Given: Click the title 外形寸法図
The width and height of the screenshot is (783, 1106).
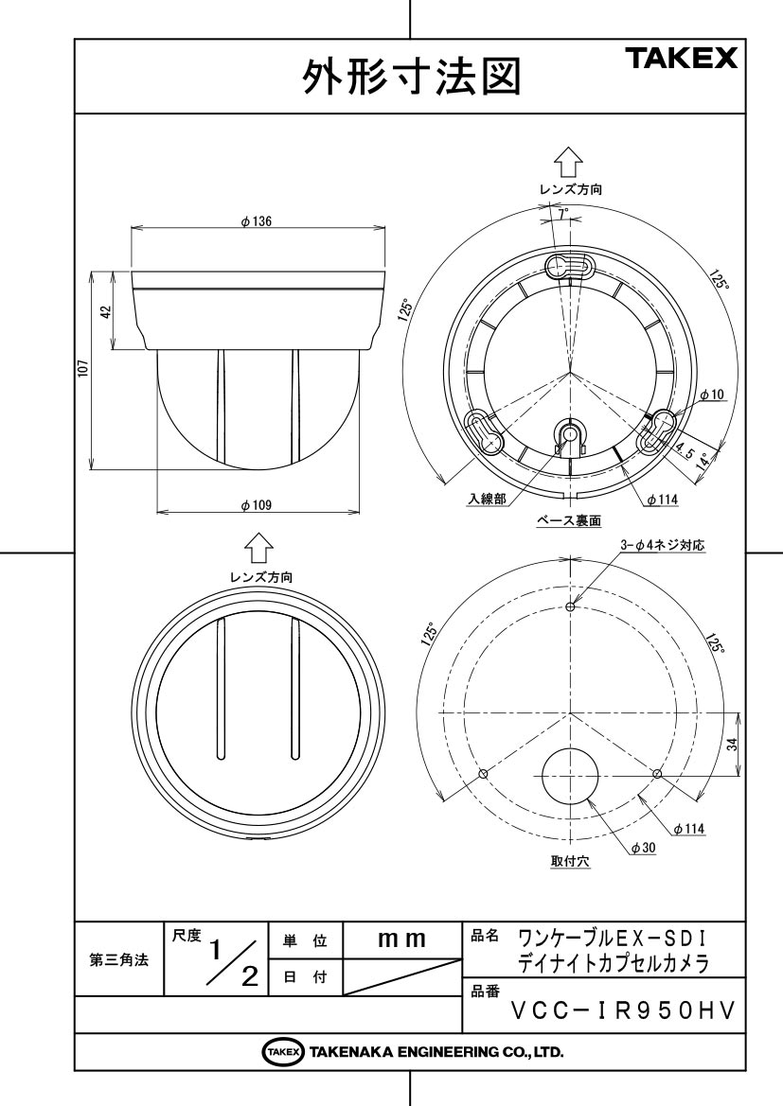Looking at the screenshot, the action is tap(412, 77).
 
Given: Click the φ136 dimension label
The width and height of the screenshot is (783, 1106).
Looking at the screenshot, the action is tap(257, 221).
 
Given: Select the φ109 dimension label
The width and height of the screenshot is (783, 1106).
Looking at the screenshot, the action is tap(257, 505).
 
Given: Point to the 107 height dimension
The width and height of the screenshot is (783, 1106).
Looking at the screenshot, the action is tap(82, 369).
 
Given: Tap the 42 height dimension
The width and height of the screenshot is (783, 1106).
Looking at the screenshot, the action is tap(106, 311).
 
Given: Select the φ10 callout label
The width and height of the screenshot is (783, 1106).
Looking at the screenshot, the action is tap(712, 395).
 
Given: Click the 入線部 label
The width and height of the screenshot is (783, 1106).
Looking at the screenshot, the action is tap(487, 499).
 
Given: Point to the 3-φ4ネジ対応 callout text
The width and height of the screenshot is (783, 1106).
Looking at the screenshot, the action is tap(662, 545).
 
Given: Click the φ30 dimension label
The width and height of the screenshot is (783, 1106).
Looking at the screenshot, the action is tap(643, 848).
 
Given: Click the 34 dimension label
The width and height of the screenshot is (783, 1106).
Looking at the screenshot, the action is tap(732, 744).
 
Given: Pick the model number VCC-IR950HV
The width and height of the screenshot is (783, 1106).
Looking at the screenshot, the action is tap(623, 1011).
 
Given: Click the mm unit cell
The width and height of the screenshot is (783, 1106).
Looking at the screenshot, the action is tap(401, 939).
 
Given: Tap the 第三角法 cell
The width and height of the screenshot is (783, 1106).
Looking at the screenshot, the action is tap(118, 959).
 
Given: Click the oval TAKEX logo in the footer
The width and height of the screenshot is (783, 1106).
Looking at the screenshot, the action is tap(283, 1052).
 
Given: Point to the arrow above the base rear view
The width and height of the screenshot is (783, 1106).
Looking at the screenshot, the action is tap(568, 163).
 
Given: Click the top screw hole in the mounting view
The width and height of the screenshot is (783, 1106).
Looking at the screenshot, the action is tap(571, 606).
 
